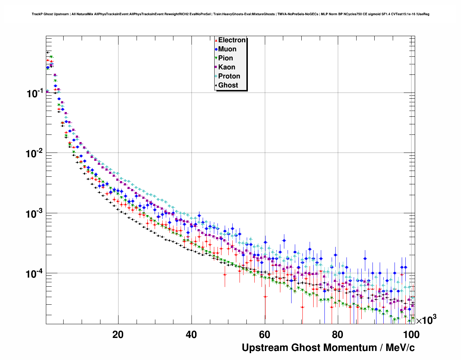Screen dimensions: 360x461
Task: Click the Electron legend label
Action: coord(232,40)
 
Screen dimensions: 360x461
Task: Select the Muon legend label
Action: coord(227,49)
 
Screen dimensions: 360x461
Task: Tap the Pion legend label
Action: coord(225,58)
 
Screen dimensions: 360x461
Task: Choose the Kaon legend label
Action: coord(227,67)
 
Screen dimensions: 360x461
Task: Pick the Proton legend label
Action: coord(229,76)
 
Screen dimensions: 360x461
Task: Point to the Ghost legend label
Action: coord(228,85)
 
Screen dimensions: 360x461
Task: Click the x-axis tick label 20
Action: coord(118,335)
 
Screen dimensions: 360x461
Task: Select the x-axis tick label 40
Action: coord(191,335)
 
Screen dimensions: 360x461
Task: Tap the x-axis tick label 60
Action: coord(265,335)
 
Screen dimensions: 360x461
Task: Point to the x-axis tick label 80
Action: coord(338,335)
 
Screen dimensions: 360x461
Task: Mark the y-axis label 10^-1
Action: coord(35,93)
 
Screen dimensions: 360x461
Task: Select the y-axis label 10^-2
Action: coord(35,154)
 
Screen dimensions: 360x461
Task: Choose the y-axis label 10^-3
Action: coord(35,214)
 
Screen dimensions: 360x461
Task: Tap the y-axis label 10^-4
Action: coord(35,274)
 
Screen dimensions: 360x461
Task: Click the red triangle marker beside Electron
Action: coord(216,40)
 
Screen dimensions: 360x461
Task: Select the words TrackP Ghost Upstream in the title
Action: coord(50,14)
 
